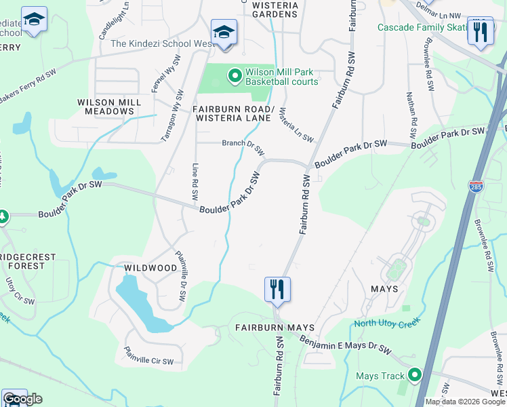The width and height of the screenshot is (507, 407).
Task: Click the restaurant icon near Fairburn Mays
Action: click(x=277, y=289)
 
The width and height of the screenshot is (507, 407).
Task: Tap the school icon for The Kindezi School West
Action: click(x=224, y=32)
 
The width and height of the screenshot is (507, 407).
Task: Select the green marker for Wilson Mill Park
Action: click(x=235, y=76)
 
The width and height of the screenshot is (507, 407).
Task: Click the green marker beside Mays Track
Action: click(x=414, y=374)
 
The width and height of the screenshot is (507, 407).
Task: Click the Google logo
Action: click(x=22, y=399)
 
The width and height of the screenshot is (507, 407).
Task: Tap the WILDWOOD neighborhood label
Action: click(x=150, y=268)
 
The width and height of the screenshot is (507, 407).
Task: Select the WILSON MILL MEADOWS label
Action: click(x=109, y=106)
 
